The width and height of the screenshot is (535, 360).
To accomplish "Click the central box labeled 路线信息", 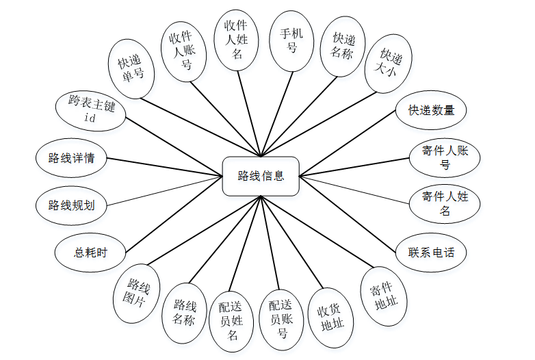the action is pyautogui.click(x=261, y=176).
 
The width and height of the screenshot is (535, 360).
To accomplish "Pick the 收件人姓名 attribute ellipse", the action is pyautogui.click(x=237, y=39).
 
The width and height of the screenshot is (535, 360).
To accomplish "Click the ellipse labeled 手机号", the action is pyautogui.click(x=291, y=40).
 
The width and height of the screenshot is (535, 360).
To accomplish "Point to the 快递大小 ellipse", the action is pyautogui.click(x=388, y=63).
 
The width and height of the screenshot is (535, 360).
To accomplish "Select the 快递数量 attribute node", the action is pyautogui.click(x=431, y=110).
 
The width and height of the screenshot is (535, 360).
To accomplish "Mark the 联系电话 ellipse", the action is pyautogui.click(x=432, y=252).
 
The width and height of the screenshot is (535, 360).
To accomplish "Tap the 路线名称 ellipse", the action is pyautogui.click(x=184, y=312).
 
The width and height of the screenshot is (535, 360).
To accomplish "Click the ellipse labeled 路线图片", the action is pyautogui.click(x=135, y=293).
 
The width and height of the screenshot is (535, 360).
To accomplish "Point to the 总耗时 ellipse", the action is pyautogui.click(x=90, y=252).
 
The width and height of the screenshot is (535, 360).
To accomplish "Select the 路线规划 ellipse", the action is pyautogui.click(x=72, y=205).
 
